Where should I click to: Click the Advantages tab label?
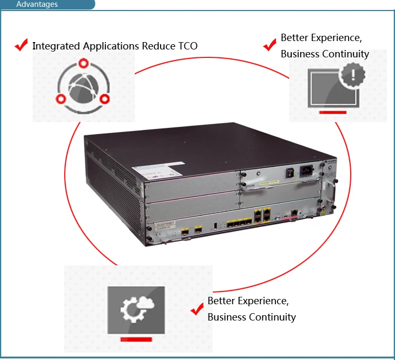click(x=37, y=5)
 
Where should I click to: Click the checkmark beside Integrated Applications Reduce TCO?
click(x=21, y=45)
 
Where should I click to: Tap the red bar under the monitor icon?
click(x=332, y=112)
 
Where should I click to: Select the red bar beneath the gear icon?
click(x=136, y=339)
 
